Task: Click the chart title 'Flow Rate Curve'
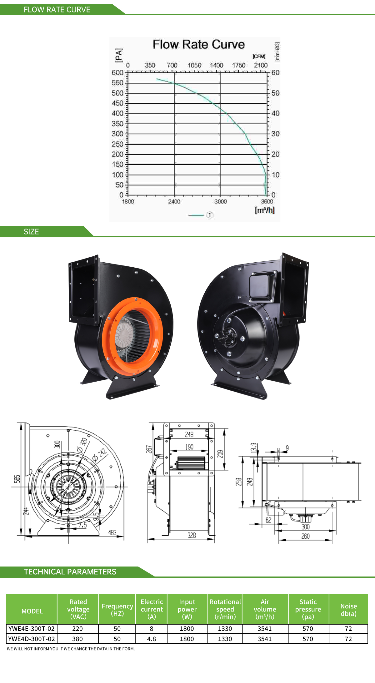tap(198, 44)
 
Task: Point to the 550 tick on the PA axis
tap(117, 83)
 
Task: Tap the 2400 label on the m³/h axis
tap(174, 201)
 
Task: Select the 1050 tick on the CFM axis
tap(194, 65)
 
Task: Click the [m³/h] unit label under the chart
tap(265, 210)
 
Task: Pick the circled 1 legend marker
tap(210, 215)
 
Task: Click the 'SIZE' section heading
tap(31, 232)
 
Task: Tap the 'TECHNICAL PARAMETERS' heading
tap(70, 572)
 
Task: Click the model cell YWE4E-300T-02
tap(32, 629)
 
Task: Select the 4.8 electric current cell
tap(152, 639)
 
